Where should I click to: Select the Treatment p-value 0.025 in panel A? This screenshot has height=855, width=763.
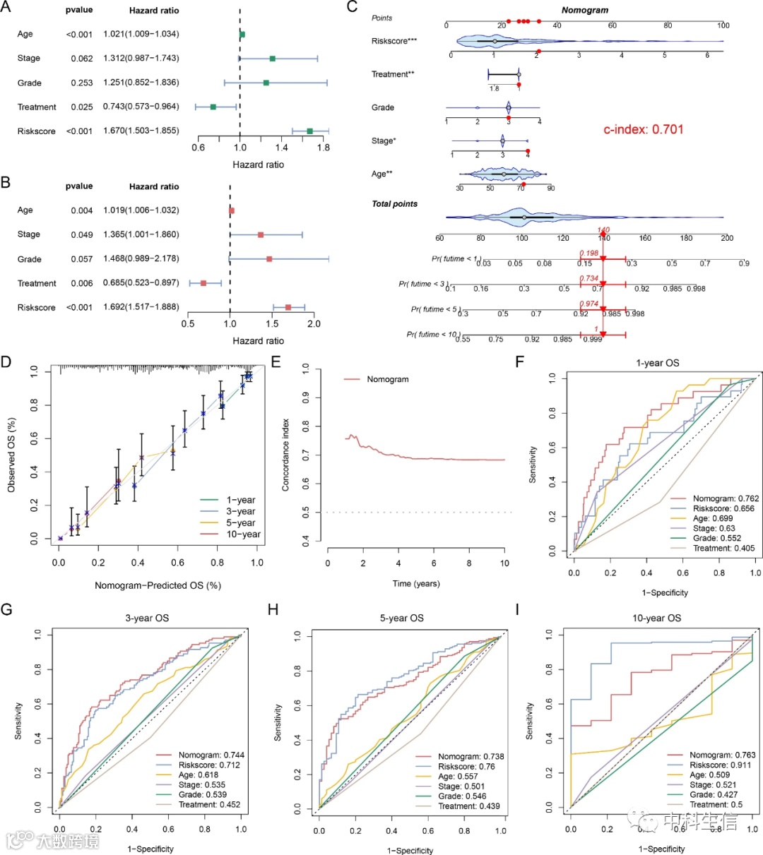[82, 107]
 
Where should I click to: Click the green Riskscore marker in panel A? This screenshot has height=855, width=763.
[309, 131]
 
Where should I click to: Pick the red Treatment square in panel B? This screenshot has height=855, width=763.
[203, 283]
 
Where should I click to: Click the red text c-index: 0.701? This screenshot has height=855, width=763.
[643, 130]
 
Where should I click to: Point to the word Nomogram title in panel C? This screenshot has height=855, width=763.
[584, 11]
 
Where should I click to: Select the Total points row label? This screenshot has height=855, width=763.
[394, 204]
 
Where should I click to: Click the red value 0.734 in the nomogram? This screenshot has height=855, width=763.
[588, 279]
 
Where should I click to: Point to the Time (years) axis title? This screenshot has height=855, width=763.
[415, 583]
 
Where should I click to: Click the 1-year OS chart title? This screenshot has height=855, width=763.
[657, 363]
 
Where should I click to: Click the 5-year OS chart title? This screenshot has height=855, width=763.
[402, 618]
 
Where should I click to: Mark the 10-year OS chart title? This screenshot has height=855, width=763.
[657, 618]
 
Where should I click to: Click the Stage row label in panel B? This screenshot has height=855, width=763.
[29, 234]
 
